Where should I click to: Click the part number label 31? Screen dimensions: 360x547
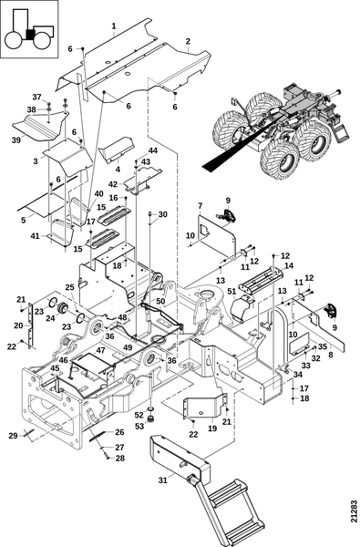(x=162, y=480)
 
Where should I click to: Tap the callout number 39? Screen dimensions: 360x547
(x=16, y=139)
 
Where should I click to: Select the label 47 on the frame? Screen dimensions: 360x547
(x=100, y=350)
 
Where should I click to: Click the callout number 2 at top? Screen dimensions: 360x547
(x=188, y=41)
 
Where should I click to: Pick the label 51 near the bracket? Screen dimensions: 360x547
(x=231, y=292)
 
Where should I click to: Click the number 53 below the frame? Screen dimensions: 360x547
(x=139, y=427)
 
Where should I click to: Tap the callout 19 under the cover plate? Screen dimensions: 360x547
(x=212, y=428)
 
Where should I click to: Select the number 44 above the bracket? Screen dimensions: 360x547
(x=153, y=150)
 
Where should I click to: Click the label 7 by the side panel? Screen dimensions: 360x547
(x=200, y=206)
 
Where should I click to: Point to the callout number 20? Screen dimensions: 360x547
(x=18, y=325)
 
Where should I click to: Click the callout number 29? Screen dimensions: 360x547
(x=13, y=436)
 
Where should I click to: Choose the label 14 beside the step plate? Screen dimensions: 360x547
(x=289, y=266)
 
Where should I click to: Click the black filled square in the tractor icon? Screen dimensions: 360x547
(x=31, y=34)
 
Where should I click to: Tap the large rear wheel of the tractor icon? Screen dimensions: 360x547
(x=15, y=41)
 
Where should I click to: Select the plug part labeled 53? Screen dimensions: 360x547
(x=151, y=418)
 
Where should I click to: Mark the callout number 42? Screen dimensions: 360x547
(x=113, y=184)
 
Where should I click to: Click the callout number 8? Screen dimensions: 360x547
(x=330, y=355)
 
